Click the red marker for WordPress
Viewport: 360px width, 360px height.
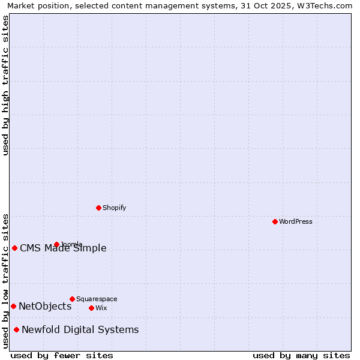tap(275, 221)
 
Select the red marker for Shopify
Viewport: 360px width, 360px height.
tap(98, 208)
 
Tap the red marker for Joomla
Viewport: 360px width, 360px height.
tap(56, 244)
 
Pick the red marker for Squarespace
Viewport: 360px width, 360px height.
tap(72, 299)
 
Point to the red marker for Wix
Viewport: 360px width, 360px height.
tap(91, 308)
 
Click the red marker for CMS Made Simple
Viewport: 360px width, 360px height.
tap(14, 248)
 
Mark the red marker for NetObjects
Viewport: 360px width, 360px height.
tap(13, 306)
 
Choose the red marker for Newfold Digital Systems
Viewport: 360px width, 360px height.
tap(16, 329)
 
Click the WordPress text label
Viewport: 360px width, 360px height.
tap(296, 221)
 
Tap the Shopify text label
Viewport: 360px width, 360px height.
tap(115, 208)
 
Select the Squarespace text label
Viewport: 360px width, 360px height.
tap(97, 299)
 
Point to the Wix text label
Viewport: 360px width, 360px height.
tap(101, 308)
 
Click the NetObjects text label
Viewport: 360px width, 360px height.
tap(45, 306)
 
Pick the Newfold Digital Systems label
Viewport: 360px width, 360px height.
tap(80, 329)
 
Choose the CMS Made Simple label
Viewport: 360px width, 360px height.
tap(63, 248)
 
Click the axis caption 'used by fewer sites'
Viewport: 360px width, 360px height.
tap(62, 355)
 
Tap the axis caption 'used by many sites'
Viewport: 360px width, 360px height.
tap(301, 355)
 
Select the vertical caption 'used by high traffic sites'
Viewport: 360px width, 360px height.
tap(6, 85)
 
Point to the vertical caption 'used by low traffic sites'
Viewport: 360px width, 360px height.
tap(6, 280)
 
